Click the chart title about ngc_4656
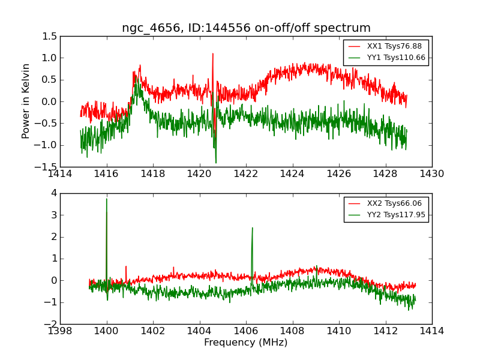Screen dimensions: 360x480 point(246,28)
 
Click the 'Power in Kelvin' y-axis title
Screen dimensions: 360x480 point(26,101)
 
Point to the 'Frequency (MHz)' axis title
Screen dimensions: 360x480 point(246,343)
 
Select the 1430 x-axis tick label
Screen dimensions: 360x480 point(431,173)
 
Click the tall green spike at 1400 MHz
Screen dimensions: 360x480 point(107,199)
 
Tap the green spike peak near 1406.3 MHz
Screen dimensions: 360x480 point(252,228)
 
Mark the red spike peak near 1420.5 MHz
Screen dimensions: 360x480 point(212,53)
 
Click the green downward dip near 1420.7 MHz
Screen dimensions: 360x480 point(216,162)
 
